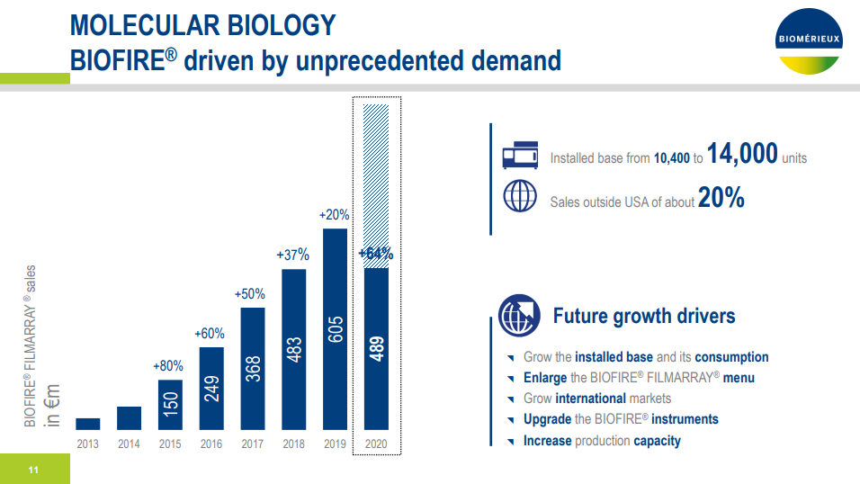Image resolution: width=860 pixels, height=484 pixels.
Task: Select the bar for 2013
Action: click(87, 424)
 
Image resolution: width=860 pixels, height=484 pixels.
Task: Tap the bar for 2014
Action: click(129, 418)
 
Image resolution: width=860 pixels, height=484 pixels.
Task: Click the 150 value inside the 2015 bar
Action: click(170, 406)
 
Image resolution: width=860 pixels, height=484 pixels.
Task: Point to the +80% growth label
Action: click(168, 366)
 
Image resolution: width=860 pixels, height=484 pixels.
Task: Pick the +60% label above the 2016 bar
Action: click(210, 334)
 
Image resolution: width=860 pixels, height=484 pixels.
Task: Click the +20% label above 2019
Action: click(335, 216)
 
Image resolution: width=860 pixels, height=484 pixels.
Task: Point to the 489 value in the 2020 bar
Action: click(376, 349)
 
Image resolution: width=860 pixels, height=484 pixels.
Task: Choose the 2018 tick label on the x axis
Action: click(293, 444)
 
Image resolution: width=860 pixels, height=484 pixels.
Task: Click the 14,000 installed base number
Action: click(742, 155)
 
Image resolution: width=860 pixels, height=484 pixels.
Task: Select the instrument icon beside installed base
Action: click(520, 155)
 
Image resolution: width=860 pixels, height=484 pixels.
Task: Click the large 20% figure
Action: click(721, 199)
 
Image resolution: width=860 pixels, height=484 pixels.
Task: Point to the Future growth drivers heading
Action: click(644, 316)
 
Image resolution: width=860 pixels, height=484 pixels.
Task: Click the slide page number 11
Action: click(33, 470)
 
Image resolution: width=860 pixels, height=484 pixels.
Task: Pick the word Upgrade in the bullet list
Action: click(547, 419)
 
